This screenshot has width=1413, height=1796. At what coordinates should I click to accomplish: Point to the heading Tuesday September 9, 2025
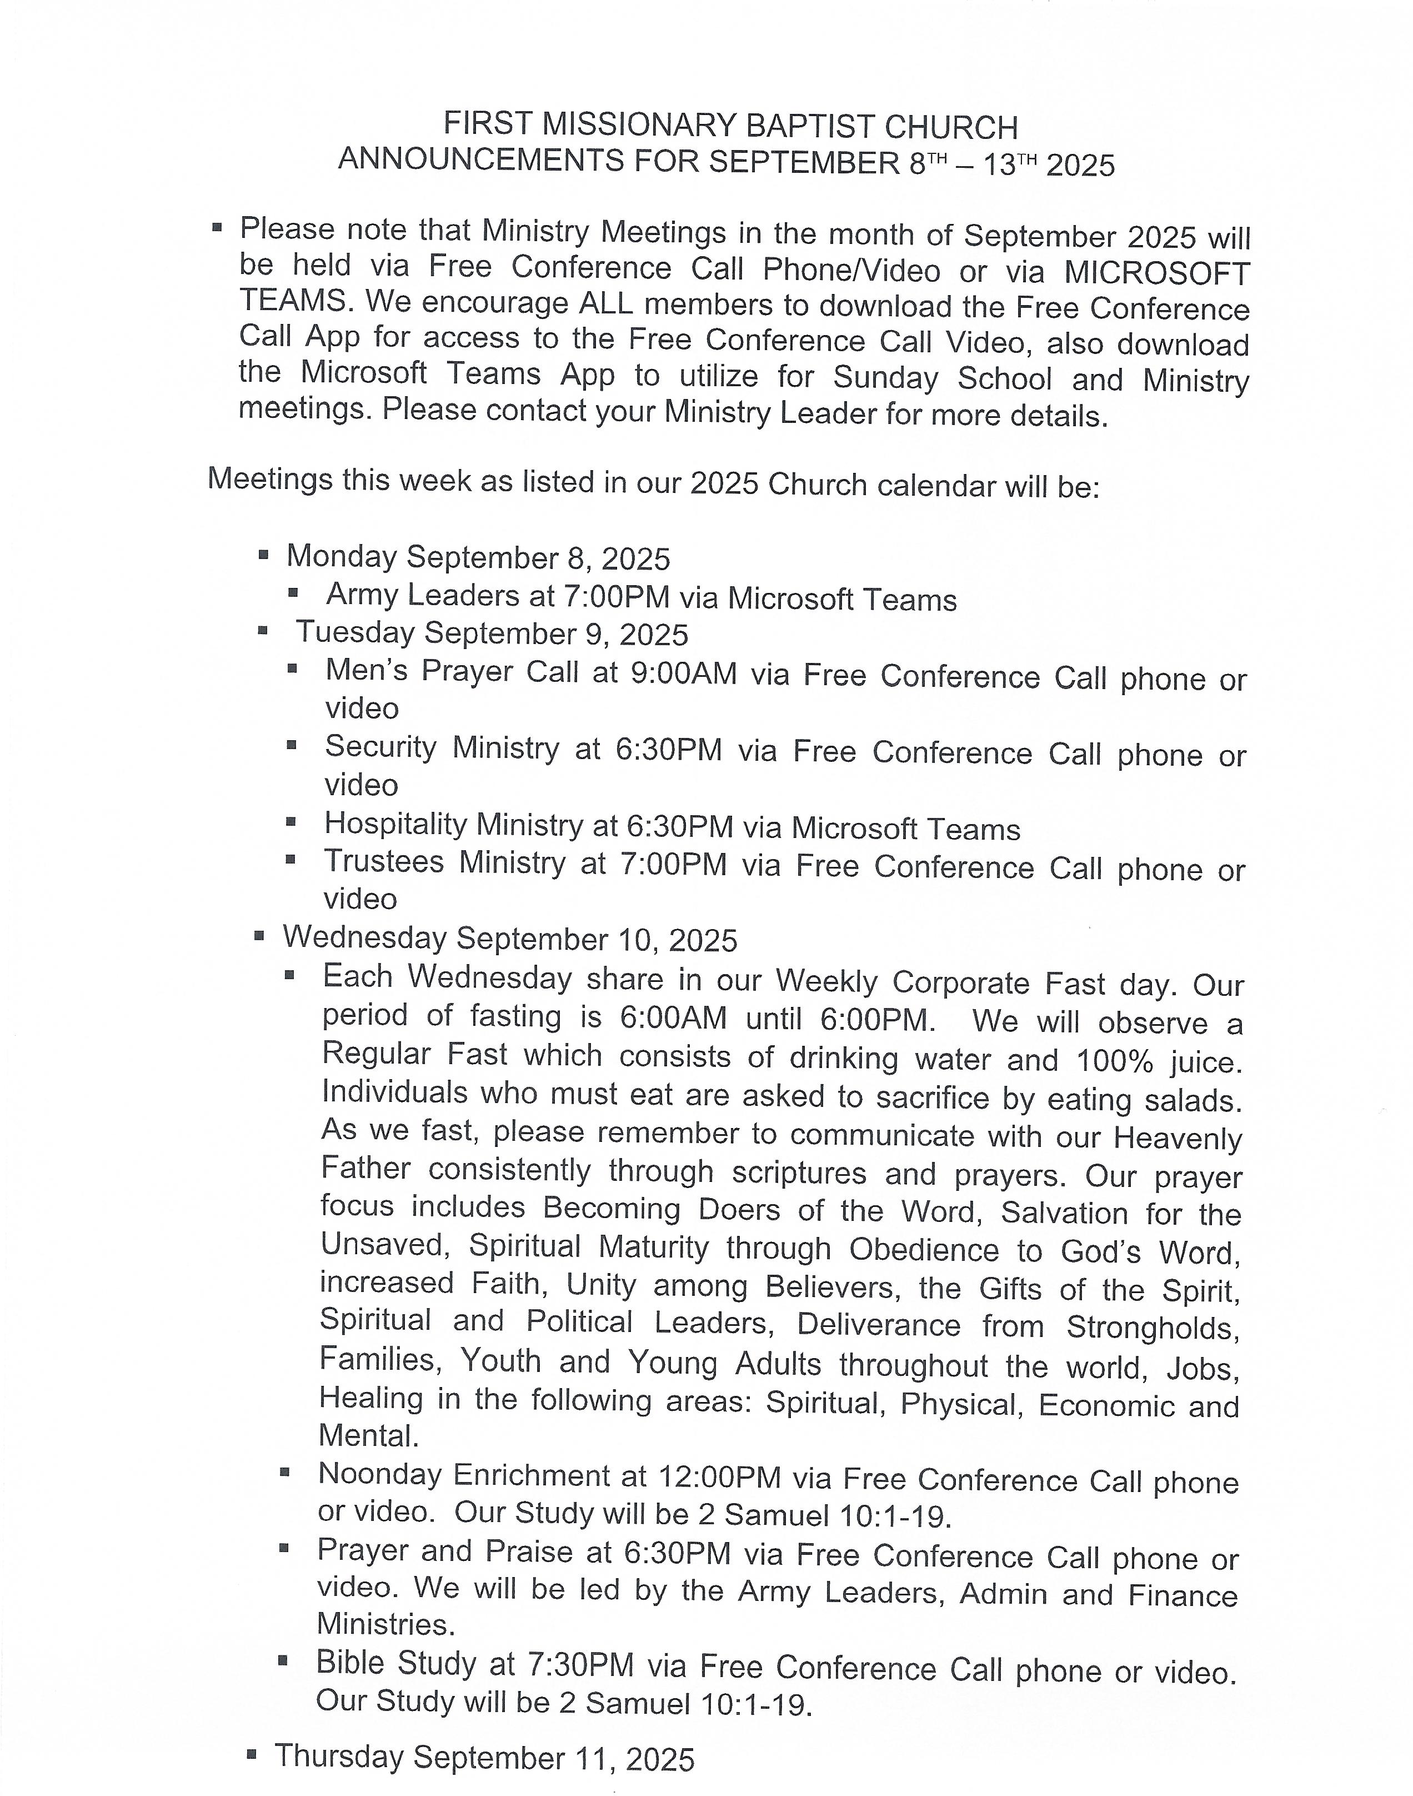pyautogui.click(x=492, y=634)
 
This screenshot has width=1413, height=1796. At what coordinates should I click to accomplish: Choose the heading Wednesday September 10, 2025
pyautogui.click(x=510, y=939)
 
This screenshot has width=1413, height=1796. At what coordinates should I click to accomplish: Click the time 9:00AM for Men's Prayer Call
pyautogui.click(x=683, y=674)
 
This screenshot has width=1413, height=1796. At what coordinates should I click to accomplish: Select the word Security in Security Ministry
pyautogui.click(x=380, y=747)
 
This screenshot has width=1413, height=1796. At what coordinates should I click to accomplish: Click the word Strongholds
pyautogui.click(x=1153, y=1328)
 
